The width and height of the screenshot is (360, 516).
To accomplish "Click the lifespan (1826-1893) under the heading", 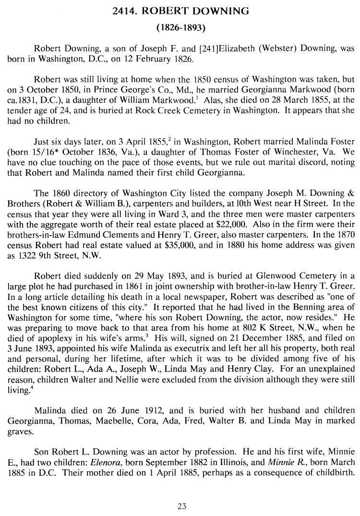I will [180, 28].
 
